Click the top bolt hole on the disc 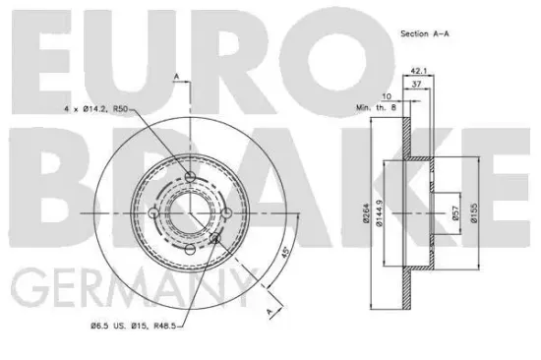[189, 177]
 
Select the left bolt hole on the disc [153, 213]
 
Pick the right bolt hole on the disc [225, 212]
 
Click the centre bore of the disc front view [189, 213]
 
